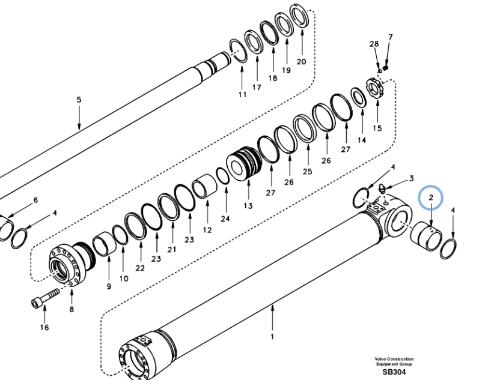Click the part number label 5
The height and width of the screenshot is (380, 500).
click(79, 100)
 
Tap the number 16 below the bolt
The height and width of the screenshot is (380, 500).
click(44, 327)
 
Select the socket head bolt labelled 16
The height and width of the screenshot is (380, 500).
click(44, 298)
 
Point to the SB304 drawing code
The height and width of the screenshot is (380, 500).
click(394, 372)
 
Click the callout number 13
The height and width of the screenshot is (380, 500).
click(248, 206)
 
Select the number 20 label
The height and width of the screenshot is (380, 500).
click(301, 61)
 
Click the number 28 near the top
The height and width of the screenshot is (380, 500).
click(374, 44)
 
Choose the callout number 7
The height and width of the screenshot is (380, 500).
click(390, 37)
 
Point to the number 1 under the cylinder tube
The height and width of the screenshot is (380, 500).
click(272, 336)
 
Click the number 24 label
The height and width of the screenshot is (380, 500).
click(225, 219)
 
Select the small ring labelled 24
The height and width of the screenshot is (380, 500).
click(222, 176)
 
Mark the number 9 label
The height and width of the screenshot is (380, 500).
click(109, 286)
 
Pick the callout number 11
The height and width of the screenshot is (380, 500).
click(242, 95)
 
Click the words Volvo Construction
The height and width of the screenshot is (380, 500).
click(394, 359)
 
